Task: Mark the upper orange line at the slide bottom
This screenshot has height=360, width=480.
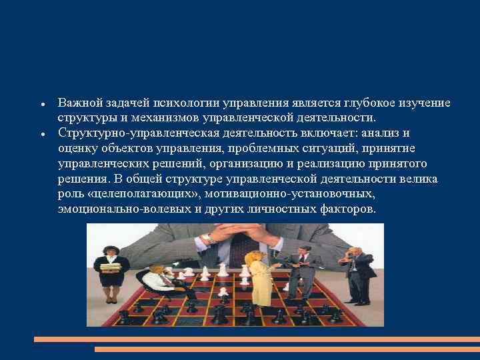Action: tap(256, 339)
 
